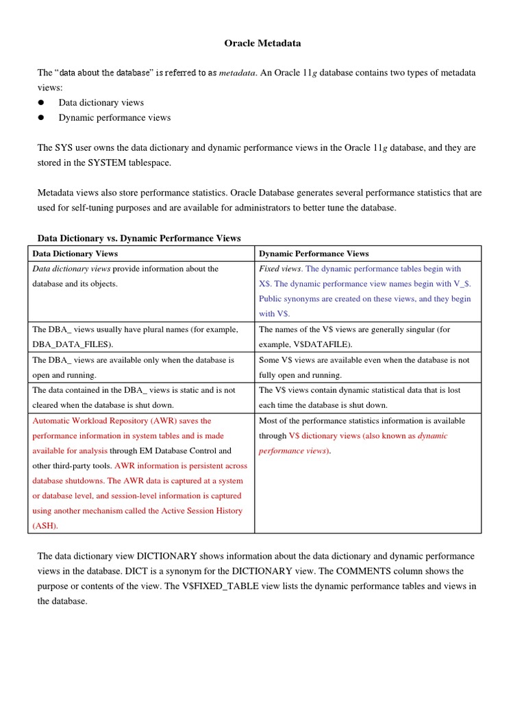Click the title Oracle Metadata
[x=263, y=43]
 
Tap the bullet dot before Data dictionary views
[x=41, y=103]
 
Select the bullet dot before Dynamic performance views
[x=41, y=118]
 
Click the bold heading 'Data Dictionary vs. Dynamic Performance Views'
[x=139, y=239]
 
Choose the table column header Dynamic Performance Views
[x=314, y=254]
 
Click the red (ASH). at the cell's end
[x=45, y=526]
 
